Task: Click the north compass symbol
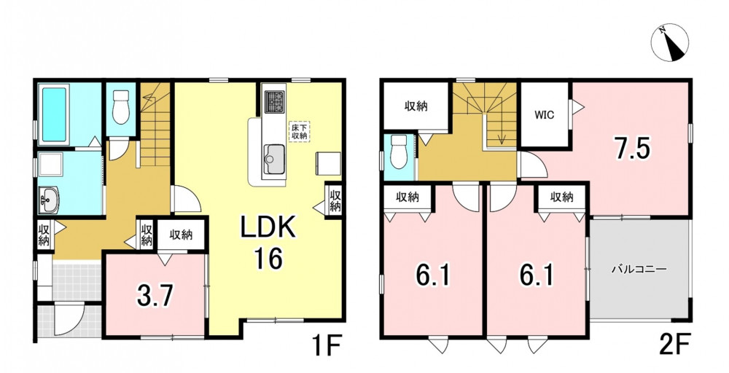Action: click(669, 42)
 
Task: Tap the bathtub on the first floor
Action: click(54, 114)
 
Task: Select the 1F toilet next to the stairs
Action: click(121, 107)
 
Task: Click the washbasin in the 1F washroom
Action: click(48, 200)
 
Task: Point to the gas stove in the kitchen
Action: click(274, 102)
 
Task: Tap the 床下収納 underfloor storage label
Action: click(299, 131)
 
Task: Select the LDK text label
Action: click(268, 229)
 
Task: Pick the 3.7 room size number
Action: click(155, 296)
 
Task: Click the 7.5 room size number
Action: click(630, 148)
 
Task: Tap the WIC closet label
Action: click(545, 114)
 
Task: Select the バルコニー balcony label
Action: click(639, 269)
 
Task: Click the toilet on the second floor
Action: click(399, 152)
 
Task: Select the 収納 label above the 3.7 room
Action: click(181, 235)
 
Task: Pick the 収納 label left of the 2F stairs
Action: click(416, 106)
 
